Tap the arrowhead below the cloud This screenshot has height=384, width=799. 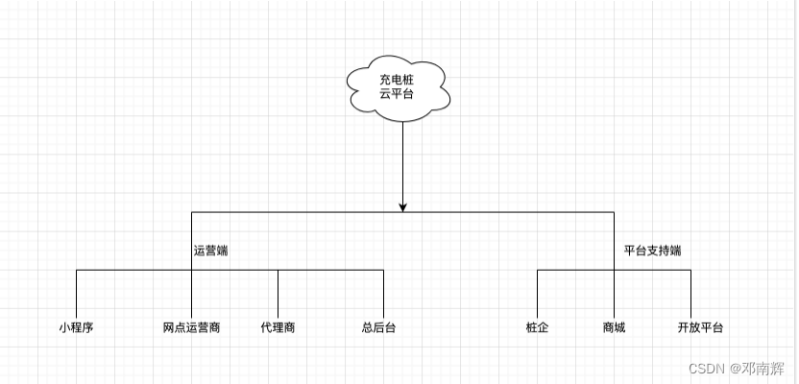tap(403, 204)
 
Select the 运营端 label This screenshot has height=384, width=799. tap(210, 251)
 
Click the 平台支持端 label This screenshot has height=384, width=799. tap(652, 251)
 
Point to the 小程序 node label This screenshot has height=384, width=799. tap(76, 327)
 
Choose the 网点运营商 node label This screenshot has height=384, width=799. tap(191, 327)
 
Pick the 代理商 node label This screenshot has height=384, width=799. tap(278, 327)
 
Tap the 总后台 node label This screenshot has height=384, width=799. tap(378, 327)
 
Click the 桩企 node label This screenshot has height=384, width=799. tap(537, 327)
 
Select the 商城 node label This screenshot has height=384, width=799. tap(614, 327)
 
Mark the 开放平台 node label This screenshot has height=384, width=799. tap(700, 327)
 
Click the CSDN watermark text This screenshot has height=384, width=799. tap(707, 368)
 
